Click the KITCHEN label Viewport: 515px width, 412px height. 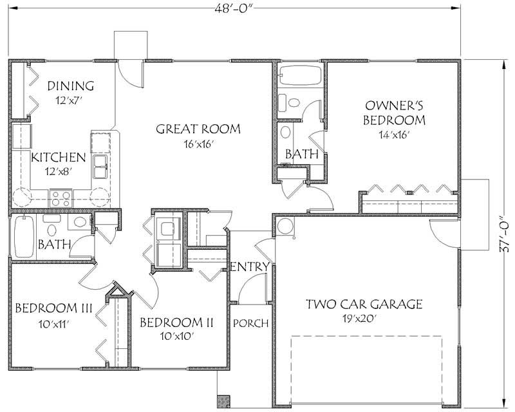59,157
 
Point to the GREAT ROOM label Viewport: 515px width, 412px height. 198,129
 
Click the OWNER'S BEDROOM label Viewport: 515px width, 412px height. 395,112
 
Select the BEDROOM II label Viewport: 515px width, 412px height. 176,322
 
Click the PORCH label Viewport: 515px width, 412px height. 250,323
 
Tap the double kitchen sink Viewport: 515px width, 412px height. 100,165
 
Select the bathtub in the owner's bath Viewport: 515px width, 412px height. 301,75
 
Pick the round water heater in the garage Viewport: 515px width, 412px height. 285,225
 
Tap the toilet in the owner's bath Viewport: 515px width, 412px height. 294,103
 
